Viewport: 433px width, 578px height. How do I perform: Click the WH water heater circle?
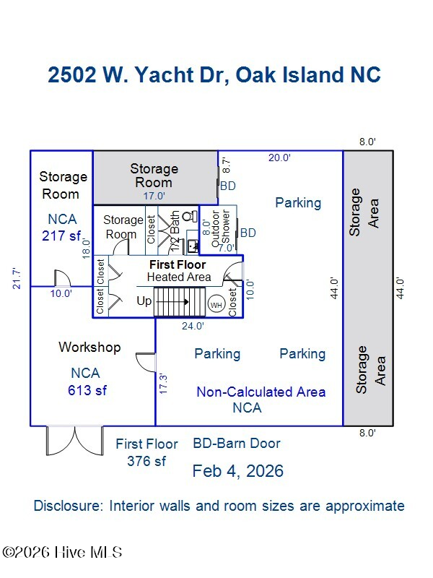tap(216, 304)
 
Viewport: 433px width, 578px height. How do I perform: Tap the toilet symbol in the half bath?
tap(189, 216)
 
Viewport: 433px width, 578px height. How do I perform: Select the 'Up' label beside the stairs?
tap(144, 301)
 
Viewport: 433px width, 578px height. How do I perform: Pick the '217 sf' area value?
tap(61, 235)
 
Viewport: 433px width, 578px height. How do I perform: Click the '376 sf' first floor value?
tap(146, 461)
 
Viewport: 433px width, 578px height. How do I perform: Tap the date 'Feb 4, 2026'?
tap(237, 472)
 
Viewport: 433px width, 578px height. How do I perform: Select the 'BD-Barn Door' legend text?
tap(236, 444)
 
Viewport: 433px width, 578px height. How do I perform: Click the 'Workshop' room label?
tap(89, 348)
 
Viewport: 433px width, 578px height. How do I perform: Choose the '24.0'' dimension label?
tap(192, 326)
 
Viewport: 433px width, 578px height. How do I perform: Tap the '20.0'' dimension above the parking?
tap(279, 158)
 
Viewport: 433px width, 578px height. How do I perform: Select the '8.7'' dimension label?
tap(226, 165)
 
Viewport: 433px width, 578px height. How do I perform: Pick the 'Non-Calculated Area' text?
tap(261, 392)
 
